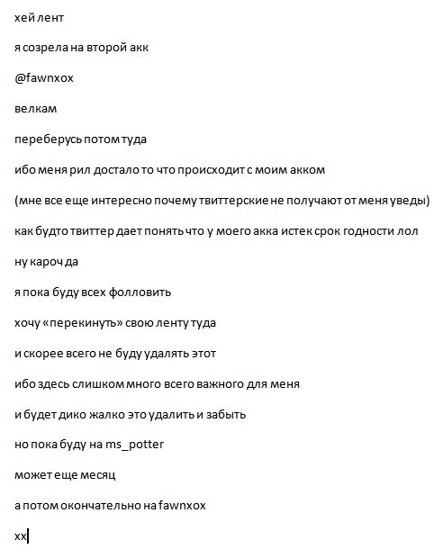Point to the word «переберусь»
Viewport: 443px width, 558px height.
point(47,139)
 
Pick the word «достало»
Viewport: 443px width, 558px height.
point(119,170)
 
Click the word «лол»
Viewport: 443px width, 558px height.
point(409,231)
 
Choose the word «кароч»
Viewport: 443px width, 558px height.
point(49,262)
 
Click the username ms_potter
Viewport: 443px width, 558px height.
point(132,445)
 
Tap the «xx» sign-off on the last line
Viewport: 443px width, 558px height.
point(21,537)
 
